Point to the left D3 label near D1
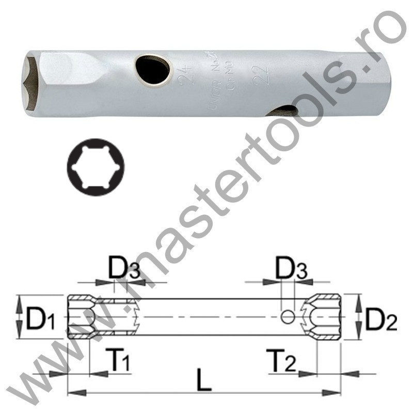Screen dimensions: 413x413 tap(124, 269)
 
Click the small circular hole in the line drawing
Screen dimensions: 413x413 tap(288, 316)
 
